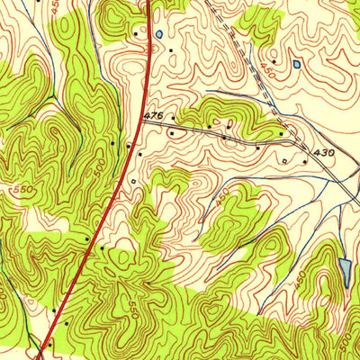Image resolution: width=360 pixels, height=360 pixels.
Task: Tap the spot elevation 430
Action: tap(324, 152)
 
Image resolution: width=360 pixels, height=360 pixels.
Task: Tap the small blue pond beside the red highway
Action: tap(158, 35)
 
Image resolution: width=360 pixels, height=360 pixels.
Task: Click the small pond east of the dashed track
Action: tap(295, 64)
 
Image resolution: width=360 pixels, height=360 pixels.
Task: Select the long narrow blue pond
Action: tap(346, 270)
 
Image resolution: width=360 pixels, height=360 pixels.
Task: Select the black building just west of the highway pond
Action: tap(136, 35)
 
